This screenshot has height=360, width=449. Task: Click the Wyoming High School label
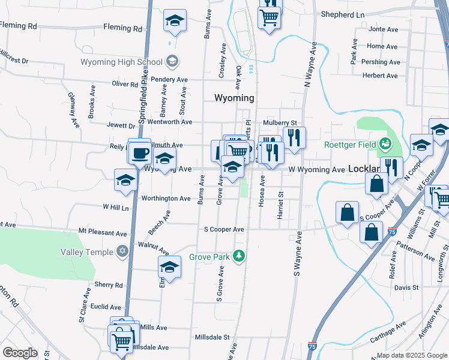pyautogui.click(x=121, y=62)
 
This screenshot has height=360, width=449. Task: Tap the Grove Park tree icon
pyautogui.click(x=240, y=257)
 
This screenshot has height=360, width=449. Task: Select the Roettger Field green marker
pyautogui.click(x=384, y=144)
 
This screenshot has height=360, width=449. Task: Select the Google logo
pyautogui.click(x=20, y=353)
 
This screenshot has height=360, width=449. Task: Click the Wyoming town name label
pyautogui.click(x=234, y=98)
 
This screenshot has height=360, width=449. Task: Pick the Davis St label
pyautogui.click(x=406, y=288)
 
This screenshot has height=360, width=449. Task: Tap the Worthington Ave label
pyautogui.click(x=166, y=199)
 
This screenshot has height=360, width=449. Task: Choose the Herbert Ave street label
pyautogui.click(x=380, y=76)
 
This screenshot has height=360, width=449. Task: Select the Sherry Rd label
pyautogui.click(x=109, y=285)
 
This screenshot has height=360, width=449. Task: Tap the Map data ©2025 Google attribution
pyautogui.click(x=412, y=355)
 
